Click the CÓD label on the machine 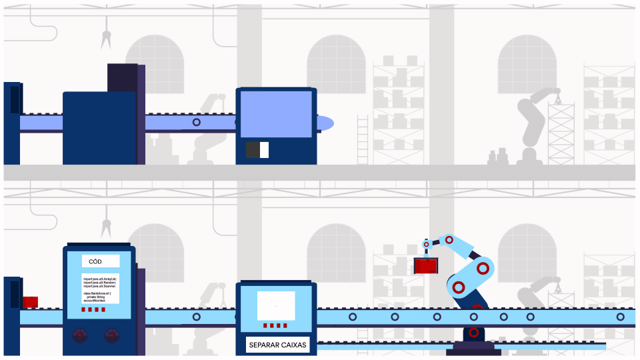tap(99, 261)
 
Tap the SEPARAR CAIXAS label tap(277, 345)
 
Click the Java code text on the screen tap(101, 288)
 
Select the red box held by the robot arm tap(426, 266)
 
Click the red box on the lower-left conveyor tap(30, 302)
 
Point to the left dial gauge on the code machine tap(80, 335)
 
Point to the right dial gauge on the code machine tap(112, 335)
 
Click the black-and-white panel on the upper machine tap(257, 150)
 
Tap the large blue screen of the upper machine tap(276, 114)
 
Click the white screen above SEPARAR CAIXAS tap(276, 306)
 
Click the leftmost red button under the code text tap(84, 310)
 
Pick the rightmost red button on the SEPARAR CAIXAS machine tap(286, 326)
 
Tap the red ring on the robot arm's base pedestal tap(473, 332)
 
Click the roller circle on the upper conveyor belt tap(196, 123)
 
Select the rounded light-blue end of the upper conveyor tap(325, 123)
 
